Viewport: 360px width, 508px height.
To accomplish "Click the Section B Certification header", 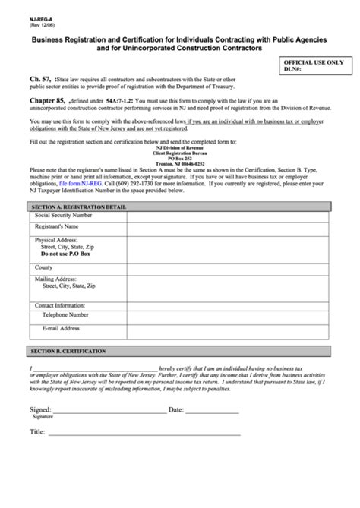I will pyautogui.click(x=68, y=351).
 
